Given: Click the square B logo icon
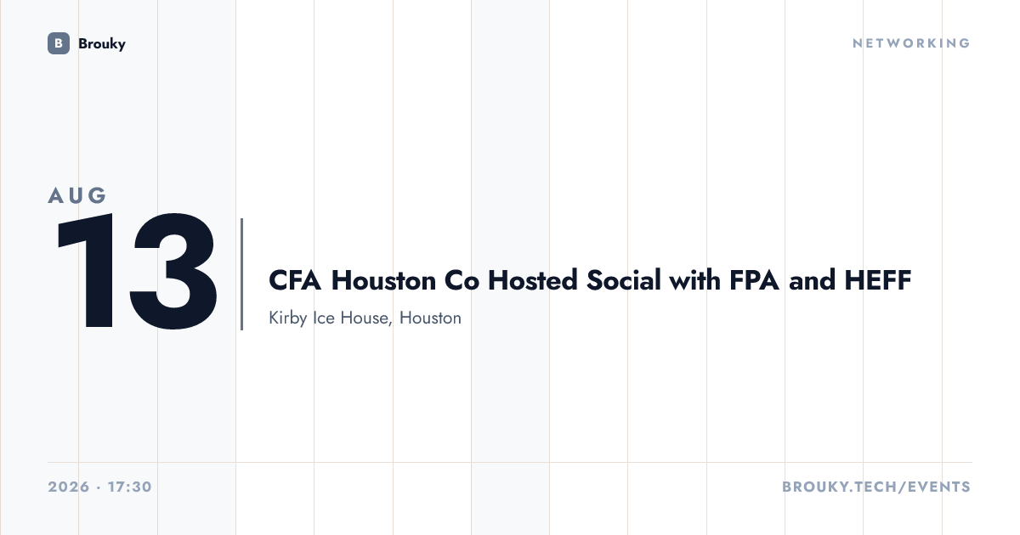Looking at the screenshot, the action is click(x=59, y=43).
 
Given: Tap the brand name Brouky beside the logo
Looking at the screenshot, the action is click(x=102, y=44).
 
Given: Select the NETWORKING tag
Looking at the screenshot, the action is click(x=911, y=43).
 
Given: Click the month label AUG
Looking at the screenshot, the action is click(x=77, y=195).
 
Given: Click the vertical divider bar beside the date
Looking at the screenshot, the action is click(x=241, y=273).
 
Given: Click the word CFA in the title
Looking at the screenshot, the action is click(x=295, y=279).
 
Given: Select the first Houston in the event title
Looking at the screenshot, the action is click(x=383, y=279).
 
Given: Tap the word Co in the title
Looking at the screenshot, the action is click(x=462, y=279).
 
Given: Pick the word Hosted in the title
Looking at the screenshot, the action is click(x=533, y=279).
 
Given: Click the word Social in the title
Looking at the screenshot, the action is click(x=623, y=279).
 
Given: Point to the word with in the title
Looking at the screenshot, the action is click(x=695, y=279).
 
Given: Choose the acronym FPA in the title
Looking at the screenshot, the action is click(x=754, y=279).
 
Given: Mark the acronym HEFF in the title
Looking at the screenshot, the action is click(x=878, y=279).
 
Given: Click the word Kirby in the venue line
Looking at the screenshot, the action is click(x=288, y=318).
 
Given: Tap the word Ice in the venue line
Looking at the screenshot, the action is click(x=324, y=318).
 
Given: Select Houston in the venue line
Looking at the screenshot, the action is click(x=430, y=318).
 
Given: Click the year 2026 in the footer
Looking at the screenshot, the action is click(x=69, y=487).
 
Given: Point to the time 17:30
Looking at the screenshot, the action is click(x=130, y=487).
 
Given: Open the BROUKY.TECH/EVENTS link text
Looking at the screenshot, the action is click(x=876, y=487).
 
